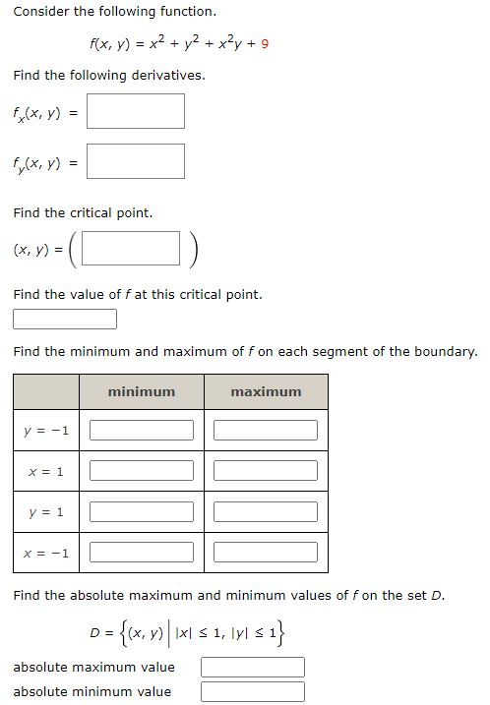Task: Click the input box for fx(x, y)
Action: coord(135,111)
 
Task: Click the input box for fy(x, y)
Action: coord(135,161)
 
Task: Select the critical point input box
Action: coord(131,250)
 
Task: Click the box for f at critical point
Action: coord(65,320)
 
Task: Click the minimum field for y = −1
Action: coord(142,431)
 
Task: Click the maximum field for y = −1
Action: coord(266,431)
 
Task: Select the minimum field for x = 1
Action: coord(142,471)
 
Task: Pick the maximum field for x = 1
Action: coord(266,471)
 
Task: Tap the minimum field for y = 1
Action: coord(142,511)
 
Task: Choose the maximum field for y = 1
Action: coord(266,511)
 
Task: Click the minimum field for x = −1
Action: coord(142,552)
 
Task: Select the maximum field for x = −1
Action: coord(266,552)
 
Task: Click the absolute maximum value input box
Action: coord(253,668)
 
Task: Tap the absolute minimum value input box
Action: coord(253,691)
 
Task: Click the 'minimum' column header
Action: coord(142,391)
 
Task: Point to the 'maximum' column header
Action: coord(266,391)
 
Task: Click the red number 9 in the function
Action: coord(266,44)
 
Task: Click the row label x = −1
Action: coord(46,553)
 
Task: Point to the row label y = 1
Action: coord(46,512)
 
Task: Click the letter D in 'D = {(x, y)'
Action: coord(94,630)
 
